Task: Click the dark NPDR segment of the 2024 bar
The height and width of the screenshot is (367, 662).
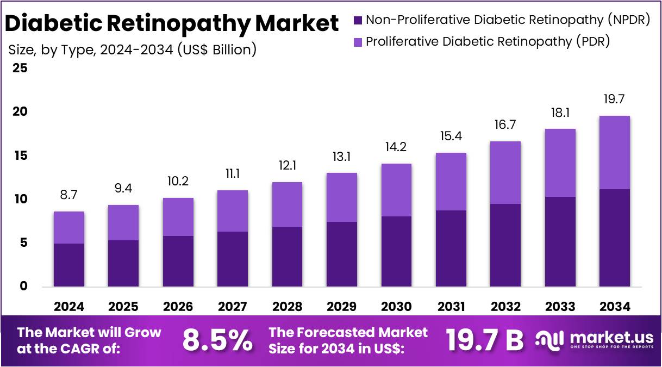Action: tap(69, 265)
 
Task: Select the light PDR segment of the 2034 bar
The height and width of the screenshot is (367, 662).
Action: tap(615, 152)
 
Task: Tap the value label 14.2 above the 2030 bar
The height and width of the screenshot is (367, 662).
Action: tap(396, 147)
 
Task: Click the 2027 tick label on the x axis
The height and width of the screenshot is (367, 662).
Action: tap(233, 307)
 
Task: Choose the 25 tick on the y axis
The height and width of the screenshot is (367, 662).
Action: tap(20, 69)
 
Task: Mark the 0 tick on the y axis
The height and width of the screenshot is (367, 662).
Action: tap(23, 287)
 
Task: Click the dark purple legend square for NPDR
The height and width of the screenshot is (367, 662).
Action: tap(358, 21)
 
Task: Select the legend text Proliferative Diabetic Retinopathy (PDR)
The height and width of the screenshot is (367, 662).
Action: tap(488, 41)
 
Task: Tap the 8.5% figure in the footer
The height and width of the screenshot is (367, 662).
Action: tap(217, 340)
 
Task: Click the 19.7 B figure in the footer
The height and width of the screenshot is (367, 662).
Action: tap(485, 340)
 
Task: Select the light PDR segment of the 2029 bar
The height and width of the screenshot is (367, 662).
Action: tap(341, 197)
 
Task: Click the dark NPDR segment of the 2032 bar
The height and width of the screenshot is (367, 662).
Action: tap(505, 245)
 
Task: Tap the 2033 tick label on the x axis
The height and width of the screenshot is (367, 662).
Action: tap(560, 307)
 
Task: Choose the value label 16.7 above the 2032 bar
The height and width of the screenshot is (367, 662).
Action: tap(505, 125)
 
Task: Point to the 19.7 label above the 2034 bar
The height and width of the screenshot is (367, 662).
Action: tap(615, 99)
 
